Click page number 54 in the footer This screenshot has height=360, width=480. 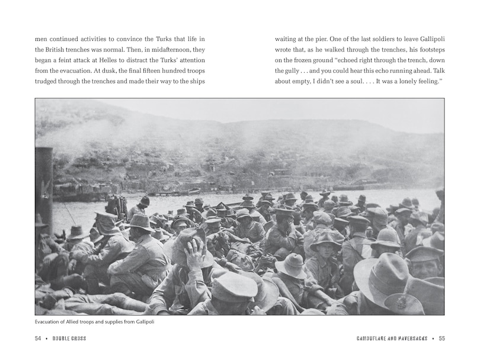pyautogui.click(x=38, y=339)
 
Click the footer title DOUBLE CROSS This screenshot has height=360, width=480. pyautogui.click(x=71, y=339)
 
